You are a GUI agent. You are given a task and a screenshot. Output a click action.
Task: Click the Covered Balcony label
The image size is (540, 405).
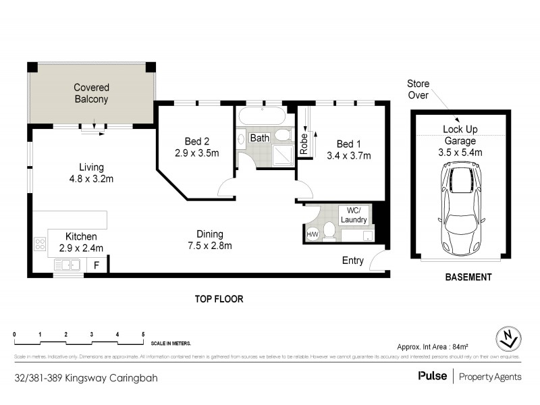(91, 93)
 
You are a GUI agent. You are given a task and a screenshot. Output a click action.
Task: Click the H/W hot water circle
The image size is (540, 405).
(313, 234)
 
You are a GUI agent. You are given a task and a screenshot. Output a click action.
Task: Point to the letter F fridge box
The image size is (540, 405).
(97, 265)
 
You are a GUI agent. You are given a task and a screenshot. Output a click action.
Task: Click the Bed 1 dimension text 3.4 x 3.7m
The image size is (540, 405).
(349, 155)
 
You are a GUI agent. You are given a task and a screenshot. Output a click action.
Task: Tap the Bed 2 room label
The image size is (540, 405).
(196, 141)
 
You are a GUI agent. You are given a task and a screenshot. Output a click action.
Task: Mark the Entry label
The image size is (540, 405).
(353, 261)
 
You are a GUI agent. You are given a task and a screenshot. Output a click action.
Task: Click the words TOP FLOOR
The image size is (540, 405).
(219, 298)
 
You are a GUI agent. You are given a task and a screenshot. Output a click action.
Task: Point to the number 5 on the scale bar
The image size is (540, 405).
(143, 335)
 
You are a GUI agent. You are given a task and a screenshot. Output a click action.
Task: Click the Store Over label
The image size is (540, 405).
(418, 88)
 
